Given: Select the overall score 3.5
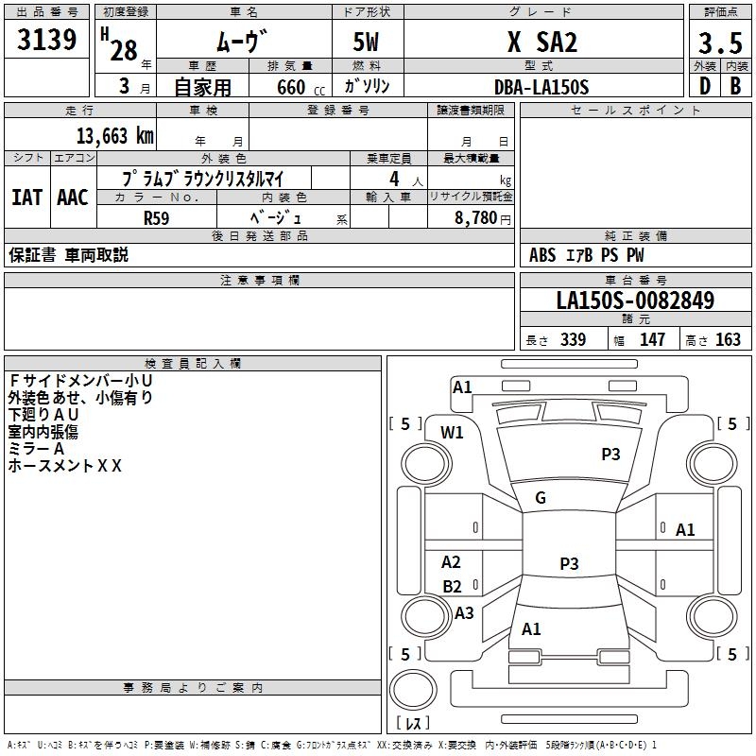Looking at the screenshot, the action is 718,43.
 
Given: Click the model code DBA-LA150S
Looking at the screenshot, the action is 541,87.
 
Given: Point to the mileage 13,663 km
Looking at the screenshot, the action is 112,135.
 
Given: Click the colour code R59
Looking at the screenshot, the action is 156,217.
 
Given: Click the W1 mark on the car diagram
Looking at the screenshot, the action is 453,433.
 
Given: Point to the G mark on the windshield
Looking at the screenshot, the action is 541,498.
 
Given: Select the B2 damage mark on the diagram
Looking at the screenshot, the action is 453,586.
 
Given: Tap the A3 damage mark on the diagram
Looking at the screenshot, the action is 464,613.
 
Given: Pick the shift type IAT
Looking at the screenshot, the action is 26,198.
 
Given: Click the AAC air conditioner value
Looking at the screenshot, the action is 73,198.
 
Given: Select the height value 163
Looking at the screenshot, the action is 728,340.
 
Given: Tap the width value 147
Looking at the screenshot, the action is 652,340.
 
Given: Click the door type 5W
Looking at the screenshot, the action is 368,42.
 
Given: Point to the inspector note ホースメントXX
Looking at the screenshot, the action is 65,466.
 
